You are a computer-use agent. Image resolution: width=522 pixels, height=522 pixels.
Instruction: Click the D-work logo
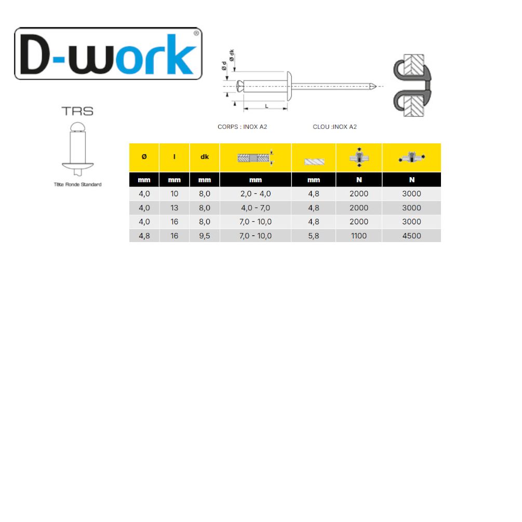point(108,53)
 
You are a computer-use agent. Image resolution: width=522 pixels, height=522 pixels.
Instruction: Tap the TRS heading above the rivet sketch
point(77,111)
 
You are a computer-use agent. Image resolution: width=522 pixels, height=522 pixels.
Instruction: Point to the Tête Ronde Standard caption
point(77,184)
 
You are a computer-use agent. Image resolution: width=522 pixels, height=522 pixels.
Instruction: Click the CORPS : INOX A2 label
point(243,127)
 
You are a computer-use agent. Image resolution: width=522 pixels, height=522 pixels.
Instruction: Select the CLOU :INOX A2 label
point(334,127)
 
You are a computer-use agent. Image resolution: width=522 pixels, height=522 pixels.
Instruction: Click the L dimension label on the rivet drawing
point(266,106)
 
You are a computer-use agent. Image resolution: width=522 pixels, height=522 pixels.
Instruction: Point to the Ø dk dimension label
point(232,55)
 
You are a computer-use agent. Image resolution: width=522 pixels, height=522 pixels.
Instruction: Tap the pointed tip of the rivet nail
point(376,87)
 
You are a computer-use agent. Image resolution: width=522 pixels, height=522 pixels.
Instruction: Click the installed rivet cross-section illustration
point(412,86)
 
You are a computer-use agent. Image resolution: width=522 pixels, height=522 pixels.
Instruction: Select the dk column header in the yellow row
point(205,157)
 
